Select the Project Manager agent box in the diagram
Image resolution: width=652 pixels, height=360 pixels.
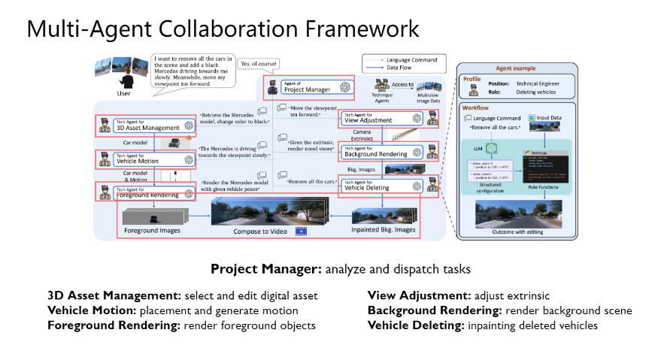point(309,87)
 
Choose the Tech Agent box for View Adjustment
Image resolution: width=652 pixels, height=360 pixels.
point(382,117)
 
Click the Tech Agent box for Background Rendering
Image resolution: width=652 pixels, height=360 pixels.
point(382,151)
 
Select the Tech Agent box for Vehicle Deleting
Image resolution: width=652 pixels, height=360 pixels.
point(382,185)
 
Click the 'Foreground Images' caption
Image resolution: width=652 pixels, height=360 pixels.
point(152,230)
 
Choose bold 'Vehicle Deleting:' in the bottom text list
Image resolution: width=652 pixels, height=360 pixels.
point(416,325)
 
